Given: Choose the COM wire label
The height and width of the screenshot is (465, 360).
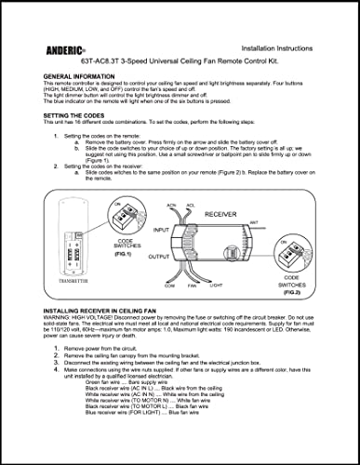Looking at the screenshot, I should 170,285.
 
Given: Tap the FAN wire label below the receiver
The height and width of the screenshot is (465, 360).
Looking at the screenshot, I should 194,285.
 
